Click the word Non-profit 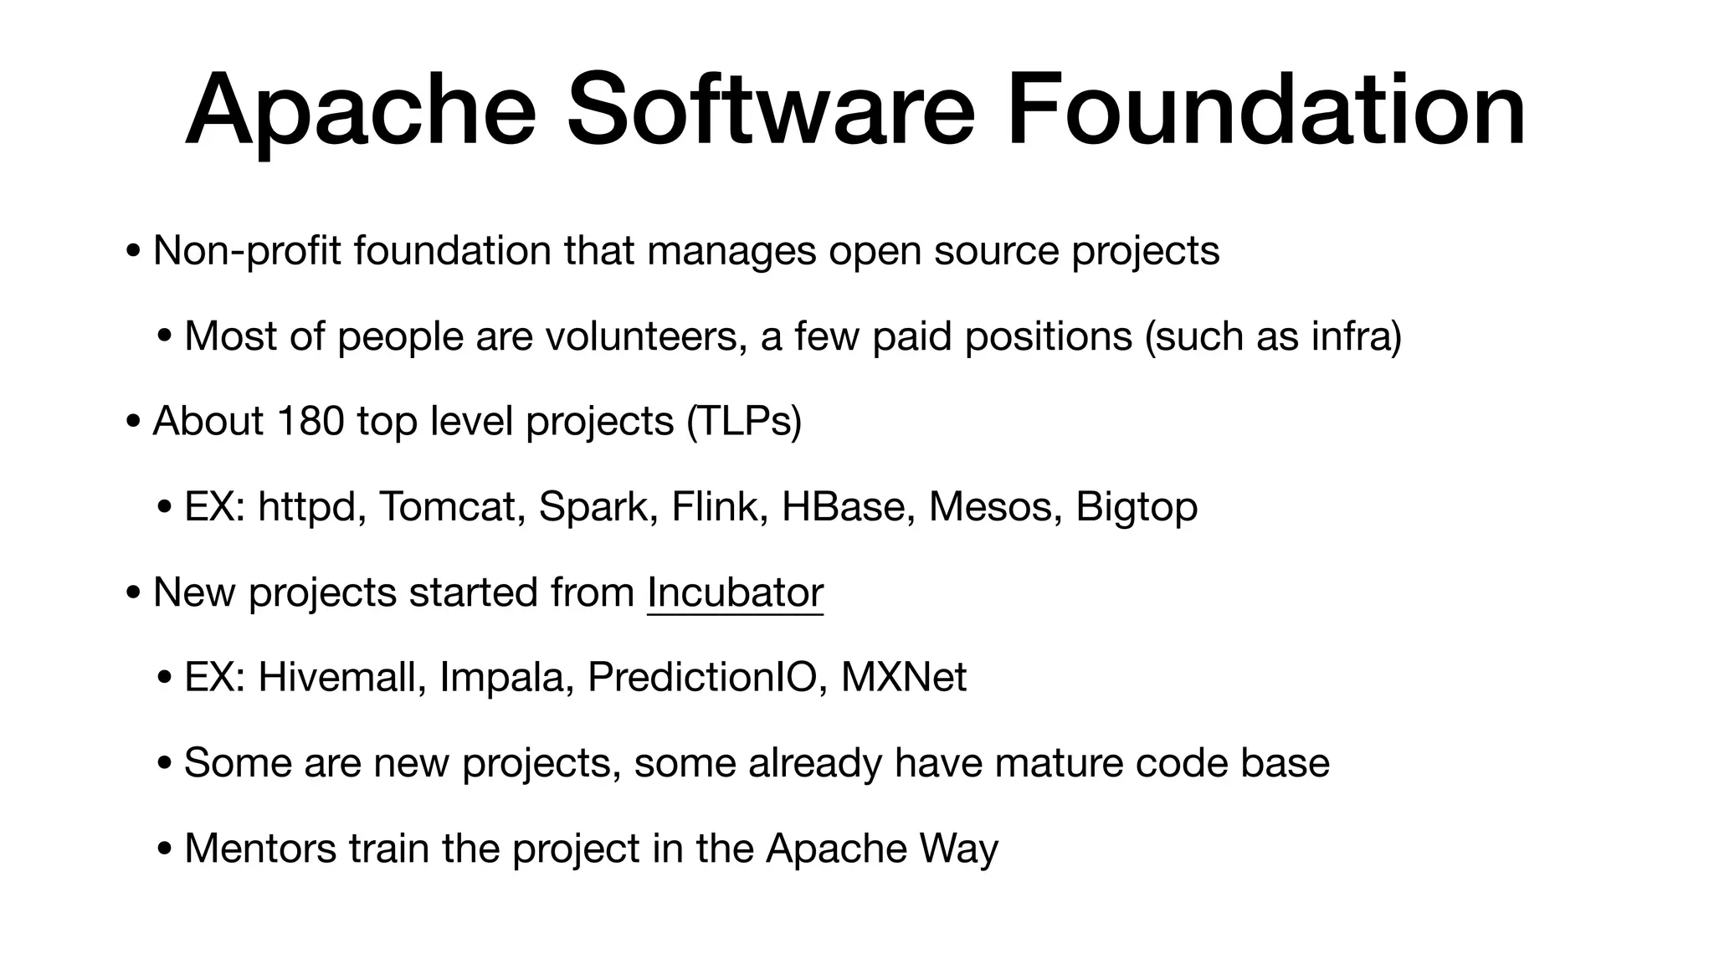pyautogui.click(x=247, y=251)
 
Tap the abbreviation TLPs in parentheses pyautogui.click(x=743, y=421)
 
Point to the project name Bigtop pyautogui.click(x=1136, y=507)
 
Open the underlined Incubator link pyautogui.click(x=735, y=593)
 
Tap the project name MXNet pyautogui.click(x=903, y=677)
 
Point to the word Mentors pyautogui.click(x=260, y=849)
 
